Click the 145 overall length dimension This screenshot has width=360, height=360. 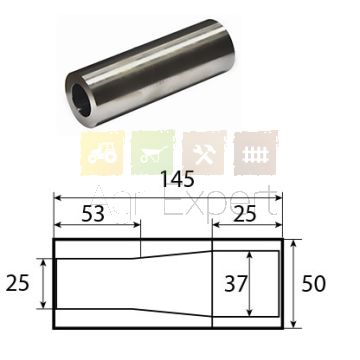[177, 180]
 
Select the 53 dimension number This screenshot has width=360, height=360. [93, 214]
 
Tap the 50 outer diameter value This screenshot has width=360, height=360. [313, 284]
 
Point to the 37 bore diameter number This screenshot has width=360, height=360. [235, 284]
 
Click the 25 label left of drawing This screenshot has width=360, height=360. [18, 284]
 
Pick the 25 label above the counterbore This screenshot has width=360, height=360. [244, 214]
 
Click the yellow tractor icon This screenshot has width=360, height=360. [102, 153]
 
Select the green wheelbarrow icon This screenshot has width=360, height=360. [153, 153]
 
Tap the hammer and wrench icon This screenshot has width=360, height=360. [204, 153]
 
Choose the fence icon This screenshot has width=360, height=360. [256, 153]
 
